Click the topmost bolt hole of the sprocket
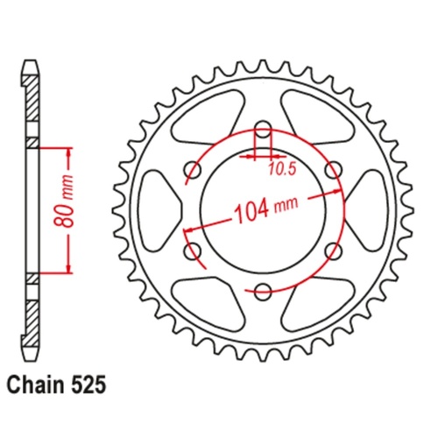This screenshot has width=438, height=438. point(262,129)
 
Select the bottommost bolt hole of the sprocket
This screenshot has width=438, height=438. point(262,290)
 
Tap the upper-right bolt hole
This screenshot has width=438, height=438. point(332,169)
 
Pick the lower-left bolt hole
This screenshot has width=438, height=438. point(193,251)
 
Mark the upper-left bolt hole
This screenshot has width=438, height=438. point(193,169)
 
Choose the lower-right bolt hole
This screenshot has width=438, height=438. point(332,251)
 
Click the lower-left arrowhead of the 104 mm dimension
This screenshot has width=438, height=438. point(187,230)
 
